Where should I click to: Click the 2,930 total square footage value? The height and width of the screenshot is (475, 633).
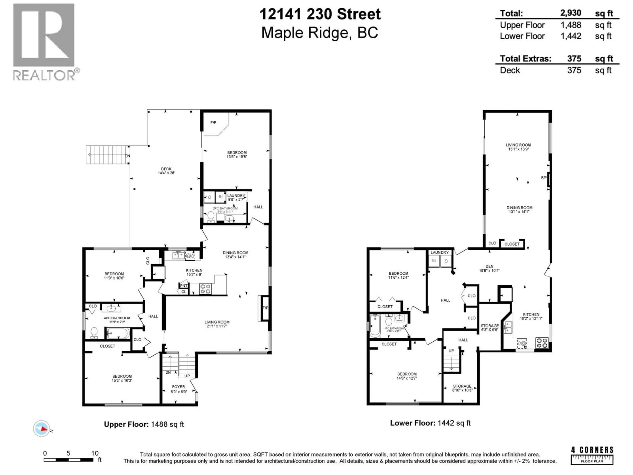click(x=570, y=13)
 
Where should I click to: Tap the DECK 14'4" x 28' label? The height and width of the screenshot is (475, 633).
click(x=166, y=171)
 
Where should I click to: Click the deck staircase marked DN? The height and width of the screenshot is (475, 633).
click(x=107, y=155)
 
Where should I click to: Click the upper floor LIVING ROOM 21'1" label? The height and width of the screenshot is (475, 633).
click(x=217, y=324)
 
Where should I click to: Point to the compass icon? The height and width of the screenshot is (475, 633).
click(x=42, y=429)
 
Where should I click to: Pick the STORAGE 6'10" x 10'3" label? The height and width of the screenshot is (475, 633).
click(x=462, y=388)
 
